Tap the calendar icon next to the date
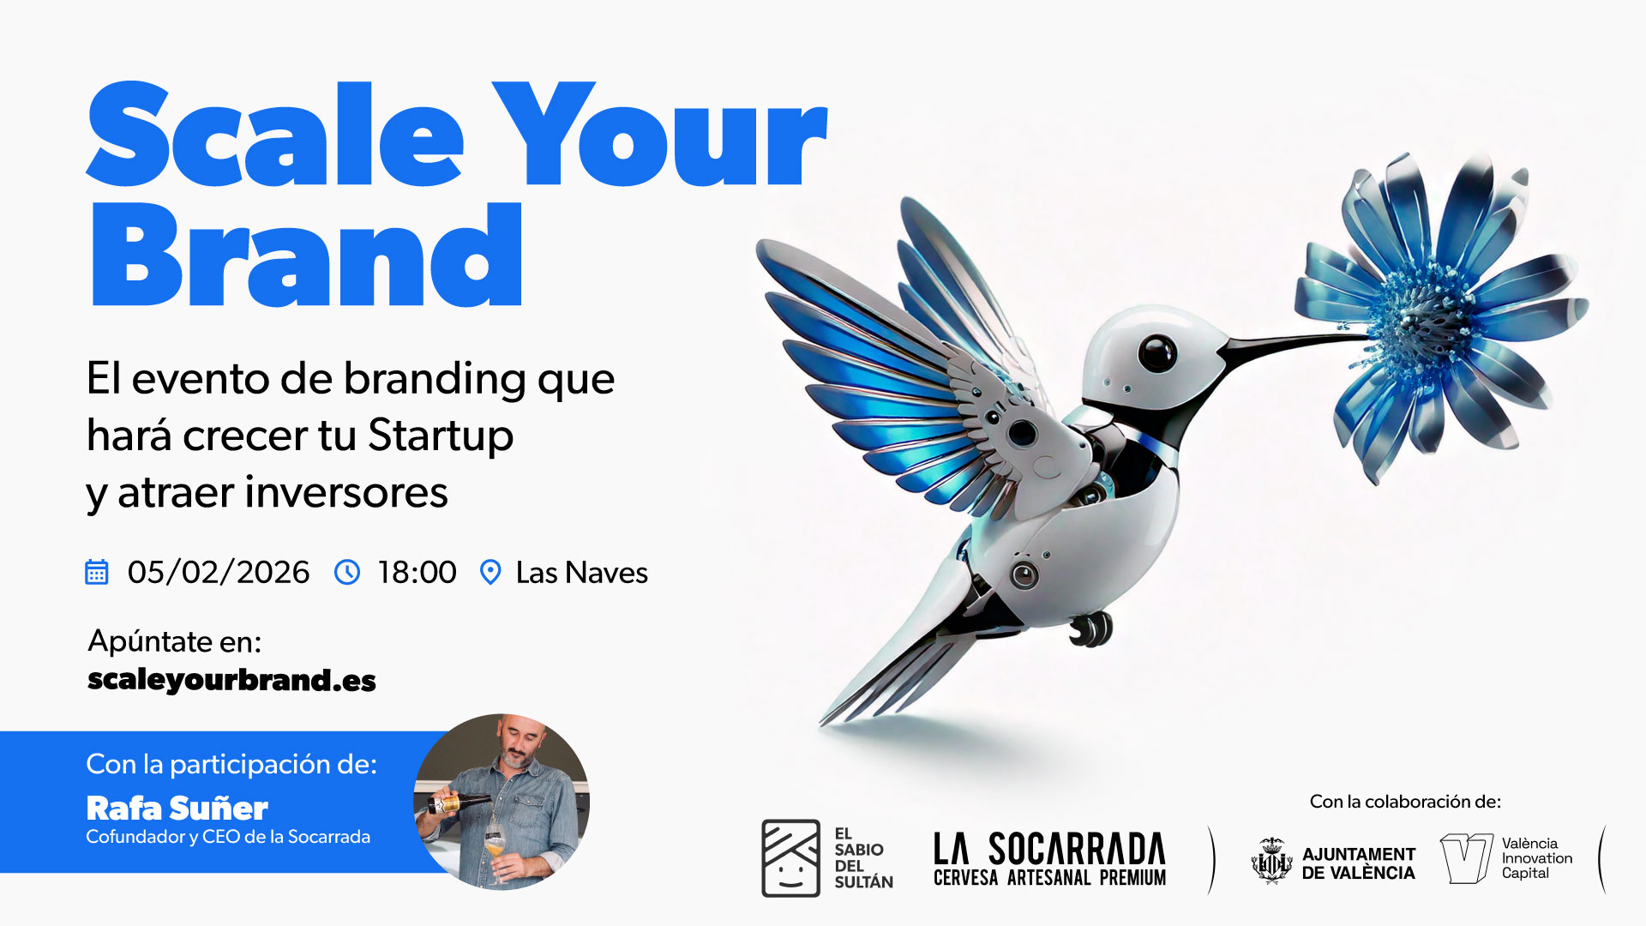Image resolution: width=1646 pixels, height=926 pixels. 97,572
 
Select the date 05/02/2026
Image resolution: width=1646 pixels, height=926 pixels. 219,573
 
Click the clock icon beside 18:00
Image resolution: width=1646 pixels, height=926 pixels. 347,572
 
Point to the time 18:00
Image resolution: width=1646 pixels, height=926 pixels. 417,573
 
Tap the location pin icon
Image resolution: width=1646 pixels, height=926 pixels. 490,572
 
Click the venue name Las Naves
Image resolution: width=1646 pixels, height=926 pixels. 582,573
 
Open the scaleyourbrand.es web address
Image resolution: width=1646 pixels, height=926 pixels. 231,680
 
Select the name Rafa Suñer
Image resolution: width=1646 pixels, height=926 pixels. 177,809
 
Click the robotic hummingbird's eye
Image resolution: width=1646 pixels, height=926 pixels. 1156,352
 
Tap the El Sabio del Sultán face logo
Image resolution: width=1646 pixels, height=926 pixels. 791,858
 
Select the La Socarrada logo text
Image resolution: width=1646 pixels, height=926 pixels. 1049,858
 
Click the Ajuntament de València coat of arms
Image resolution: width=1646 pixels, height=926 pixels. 1271,861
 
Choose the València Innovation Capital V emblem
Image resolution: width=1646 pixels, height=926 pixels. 1467,858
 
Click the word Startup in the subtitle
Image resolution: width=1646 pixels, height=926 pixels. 441,436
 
